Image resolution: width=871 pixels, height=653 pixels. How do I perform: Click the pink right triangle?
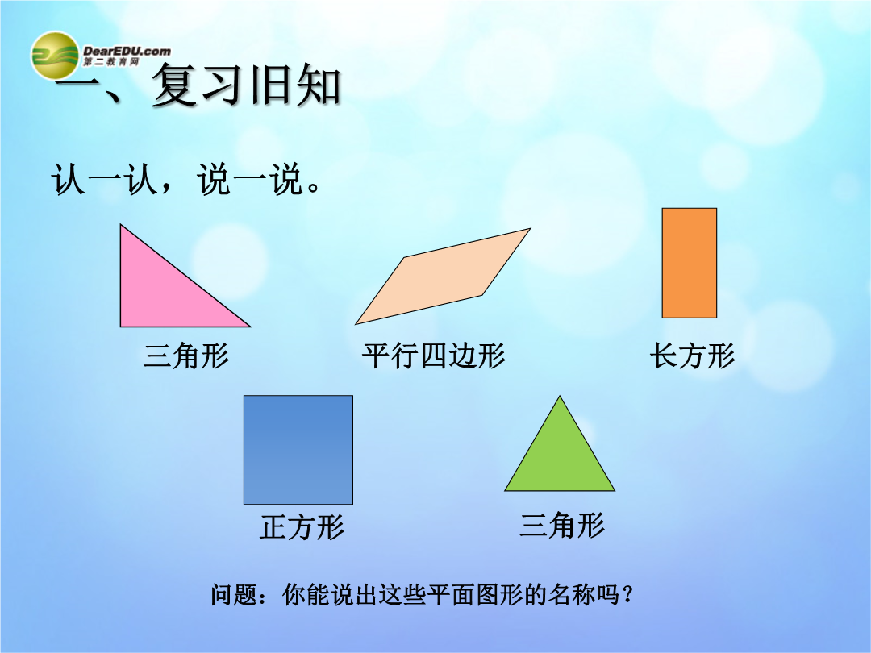click(162, 294)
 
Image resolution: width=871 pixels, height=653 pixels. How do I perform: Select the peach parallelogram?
click(444, 276)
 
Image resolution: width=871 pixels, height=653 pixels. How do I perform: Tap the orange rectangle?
click(690, 263)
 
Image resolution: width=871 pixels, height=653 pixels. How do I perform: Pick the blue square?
click(298, 450)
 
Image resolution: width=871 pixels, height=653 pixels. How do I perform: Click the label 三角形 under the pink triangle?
click(186, 356)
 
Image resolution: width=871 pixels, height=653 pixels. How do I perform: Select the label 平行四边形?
click(433, 356)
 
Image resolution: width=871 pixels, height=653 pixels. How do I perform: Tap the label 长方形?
click(692, 356)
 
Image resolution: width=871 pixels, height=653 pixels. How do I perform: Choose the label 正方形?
click(302, 526)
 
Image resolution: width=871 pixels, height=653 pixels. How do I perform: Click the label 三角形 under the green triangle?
click(561, 525)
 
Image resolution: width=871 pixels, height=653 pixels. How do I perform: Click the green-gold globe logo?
click(55, 56)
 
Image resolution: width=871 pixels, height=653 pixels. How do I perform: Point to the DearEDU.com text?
click(127, 51)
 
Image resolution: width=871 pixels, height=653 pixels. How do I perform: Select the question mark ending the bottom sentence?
click(627, 595)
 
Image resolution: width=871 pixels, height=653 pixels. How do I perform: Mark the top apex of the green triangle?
click(560, 396)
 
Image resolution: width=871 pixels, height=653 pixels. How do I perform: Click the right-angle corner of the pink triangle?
click(120, 326)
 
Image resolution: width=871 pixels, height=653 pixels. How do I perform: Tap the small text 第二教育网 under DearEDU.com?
click(111, 61)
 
